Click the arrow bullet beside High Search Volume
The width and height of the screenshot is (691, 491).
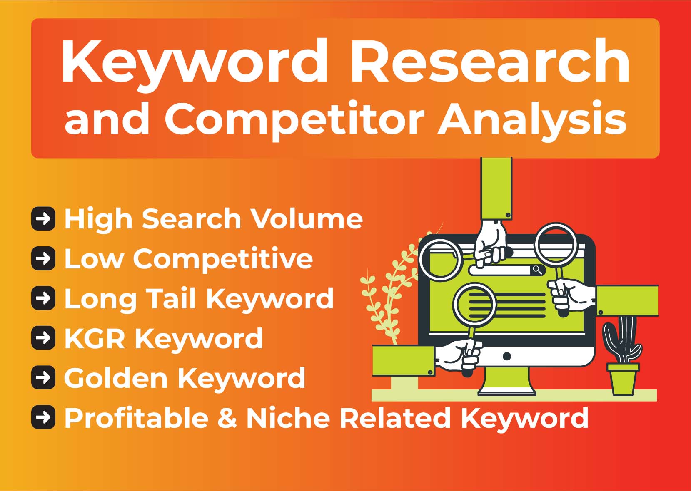pyautogui.click(x=43, y=218)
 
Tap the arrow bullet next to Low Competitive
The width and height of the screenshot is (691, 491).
pyautogui.click(x=43, y=258)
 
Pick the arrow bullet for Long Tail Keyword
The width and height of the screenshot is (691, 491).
pyautogui.click(x=43, y=298)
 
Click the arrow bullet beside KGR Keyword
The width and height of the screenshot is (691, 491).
pyautogui.click(x=43, y=338)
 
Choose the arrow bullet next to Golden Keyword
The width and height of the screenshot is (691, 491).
pyautogui.click(x=43, y=377)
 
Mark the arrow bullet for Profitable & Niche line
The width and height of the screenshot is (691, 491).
pyautogui.click(x=43, y=417)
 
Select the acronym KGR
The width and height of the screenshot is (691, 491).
pyautogui.click(x=94, y=338)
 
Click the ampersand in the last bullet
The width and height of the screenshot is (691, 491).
pyautogui.click(x=227, y=418)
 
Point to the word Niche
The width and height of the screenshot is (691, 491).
pyautogui.click(x=287, y=418)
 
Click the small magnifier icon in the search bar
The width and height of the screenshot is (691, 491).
pyautogui.click(x=537, y=270)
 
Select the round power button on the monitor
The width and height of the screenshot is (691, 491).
pyautogui.click(x=507, y=356)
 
